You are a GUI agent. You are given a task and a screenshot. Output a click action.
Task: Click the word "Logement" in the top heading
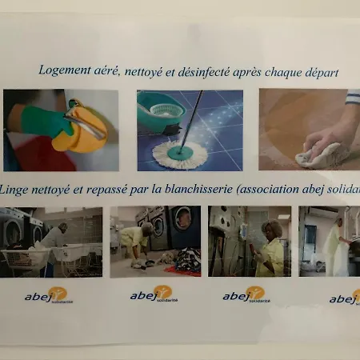(x=66, y=70)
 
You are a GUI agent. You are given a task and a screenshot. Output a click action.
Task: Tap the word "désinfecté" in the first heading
(x=214, y=71)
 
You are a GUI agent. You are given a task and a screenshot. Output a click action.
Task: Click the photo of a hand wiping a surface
(x=309, y=129)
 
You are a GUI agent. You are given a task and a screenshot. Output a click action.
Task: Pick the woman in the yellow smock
(x=270, y=247)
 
